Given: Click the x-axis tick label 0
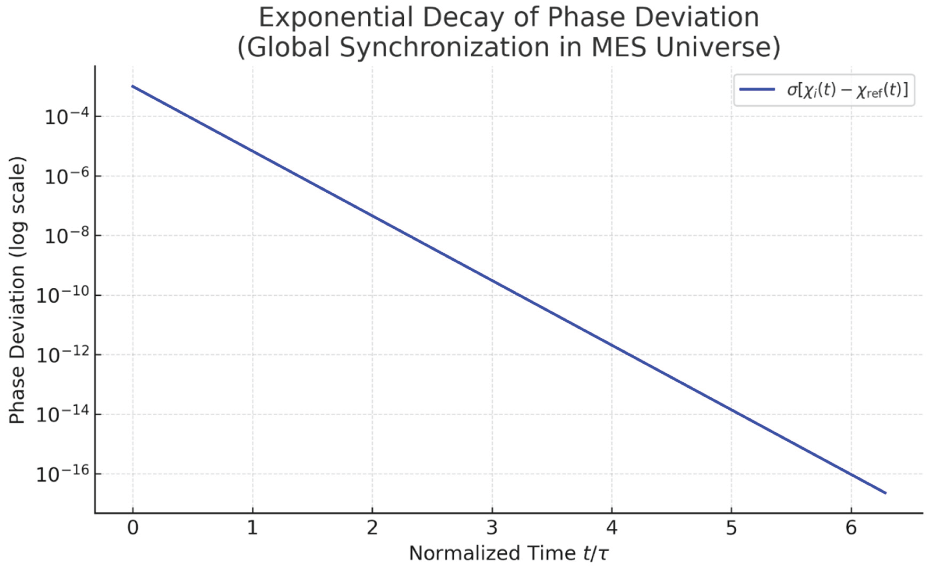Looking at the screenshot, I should click(x=133, y=528).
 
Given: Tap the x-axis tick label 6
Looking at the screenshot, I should click(x=851, y=528).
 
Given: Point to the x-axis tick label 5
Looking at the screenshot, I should click(x=731, y=528).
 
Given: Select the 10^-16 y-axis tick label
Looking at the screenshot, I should click(x=63, y=474).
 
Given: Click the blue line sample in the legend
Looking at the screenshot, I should click(x=757, y=89).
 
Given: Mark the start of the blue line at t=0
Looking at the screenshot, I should click(x=133, y=87).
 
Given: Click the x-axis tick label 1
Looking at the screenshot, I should click(x=252, y=528).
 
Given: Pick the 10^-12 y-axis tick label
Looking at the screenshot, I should click(x=63, y=355).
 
